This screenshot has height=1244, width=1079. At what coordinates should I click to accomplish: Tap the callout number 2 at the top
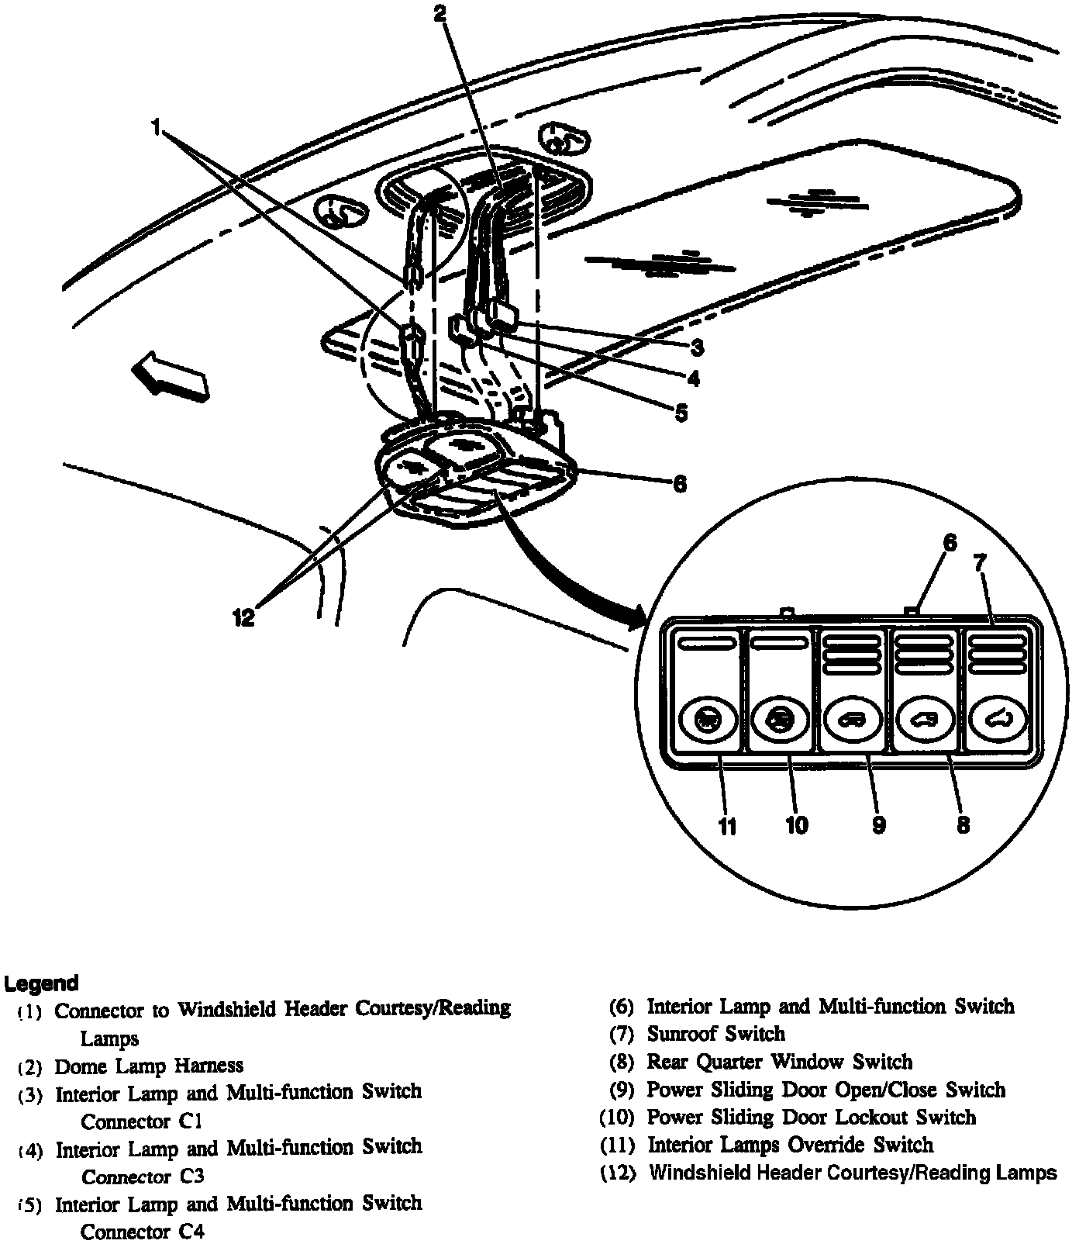(440, 13)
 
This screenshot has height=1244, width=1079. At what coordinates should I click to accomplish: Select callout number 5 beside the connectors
(681, 413)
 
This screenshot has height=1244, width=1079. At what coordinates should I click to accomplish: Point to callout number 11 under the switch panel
(726, 827)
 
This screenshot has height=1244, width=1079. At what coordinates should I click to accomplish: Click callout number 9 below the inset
(878, 824)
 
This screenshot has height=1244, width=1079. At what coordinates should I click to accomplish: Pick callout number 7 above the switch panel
(980, 563)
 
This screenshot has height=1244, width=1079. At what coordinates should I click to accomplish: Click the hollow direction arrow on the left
(170, 375)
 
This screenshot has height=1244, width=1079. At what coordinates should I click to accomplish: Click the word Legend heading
(42, 983)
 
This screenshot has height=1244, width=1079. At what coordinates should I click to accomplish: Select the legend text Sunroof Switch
(715, 1034)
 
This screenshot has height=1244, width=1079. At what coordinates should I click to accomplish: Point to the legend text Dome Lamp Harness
(149, 1066)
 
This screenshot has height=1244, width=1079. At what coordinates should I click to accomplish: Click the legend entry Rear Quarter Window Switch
(780, 1062)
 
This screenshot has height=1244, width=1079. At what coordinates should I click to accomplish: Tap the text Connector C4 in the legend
(143, 1232)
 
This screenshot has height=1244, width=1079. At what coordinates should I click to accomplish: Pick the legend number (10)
(619, 1118)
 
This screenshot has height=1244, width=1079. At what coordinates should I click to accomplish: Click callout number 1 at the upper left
(157, 126)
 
